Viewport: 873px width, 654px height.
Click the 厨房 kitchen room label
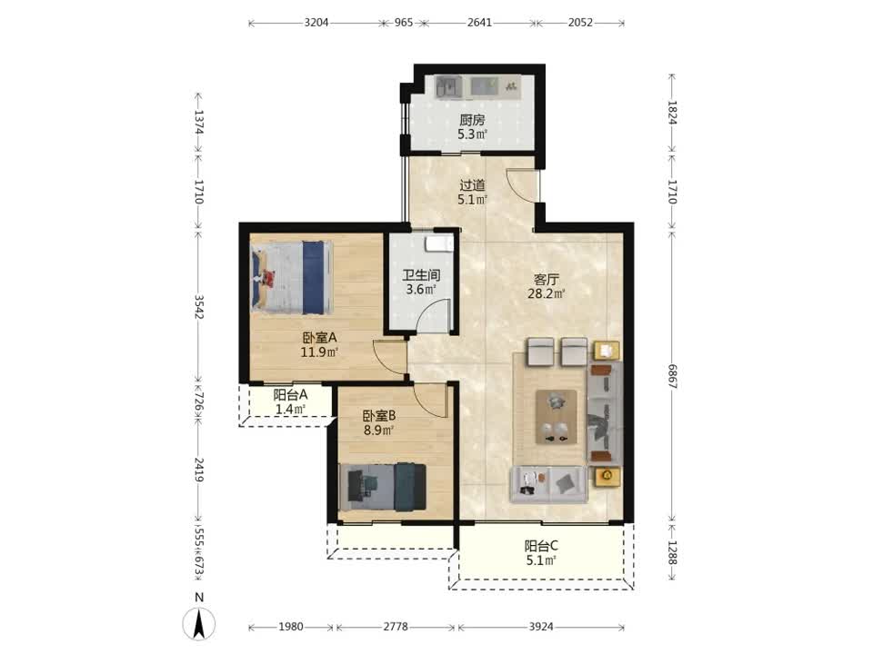[x=472, y=120]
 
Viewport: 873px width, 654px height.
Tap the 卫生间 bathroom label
[x=421, y=274]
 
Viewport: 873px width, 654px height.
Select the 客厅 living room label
[x=546, y=279]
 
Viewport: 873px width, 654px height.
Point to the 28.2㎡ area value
[x=547, y=293]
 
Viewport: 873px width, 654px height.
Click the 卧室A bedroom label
[x=319, y=338]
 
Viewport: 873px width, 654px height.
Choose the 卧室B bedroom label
[x=379, y=415]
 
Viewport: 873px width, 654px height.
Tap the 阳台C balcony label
[x=541, y=546]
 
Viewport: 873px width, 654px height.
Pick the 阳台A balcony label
[x=290, y=395]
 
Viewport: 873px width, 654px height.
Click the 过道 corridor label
[x=472, y=184]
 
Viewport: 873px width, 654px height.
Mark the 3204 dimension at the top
[x=316, y=23]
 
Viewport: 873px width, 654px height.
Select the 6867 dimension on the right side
[x=672, y=376]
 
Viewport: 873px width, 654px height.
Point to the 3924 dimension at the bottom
[x=541, y=627]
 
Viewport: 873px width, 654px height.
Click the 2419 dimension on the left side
[x=199, y=470]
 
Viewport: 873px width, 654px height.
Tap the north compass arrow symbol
[x=199, y=623]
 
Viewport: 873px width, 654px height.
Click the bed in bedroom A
[x=291, y=277]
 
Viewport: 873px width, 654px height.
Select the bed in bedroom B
[x=383, y=487]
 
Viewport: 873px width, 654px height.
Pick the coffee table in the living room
[x=557, y=417]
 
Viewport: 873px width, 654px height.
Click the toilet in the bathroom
[x=440, y=244]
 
